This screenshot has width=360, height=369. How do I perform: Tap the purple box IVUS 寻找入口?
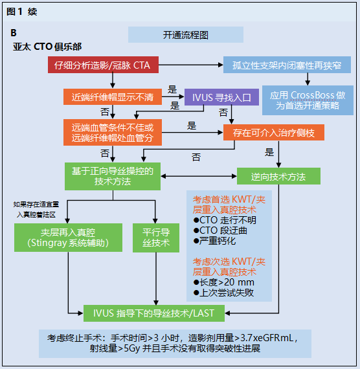(x=221, y=97)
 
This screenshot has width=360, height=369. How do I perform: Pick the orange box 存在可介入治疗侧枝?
(x=274, y=133)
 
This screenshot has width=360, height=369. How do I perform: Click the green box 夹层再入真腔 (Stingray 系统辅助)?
(x=67, y=238)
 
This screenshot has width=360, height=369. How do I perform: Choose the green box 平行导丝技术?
(x=155, y=238)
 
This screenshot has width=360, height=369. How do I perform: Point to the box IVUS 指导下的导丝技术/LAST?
(x=154, y=313)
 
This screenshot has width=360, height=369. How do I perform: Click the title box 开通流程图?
(x=186, y=35)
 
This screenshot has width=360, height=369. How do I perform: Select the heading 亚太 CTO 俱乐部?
(x=49, y=47)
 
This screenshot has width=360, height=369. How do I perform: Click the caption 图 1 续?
(x=22, y=11)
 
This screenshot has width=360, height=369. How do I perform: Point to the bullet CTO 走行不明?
(x=223, y=220)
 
